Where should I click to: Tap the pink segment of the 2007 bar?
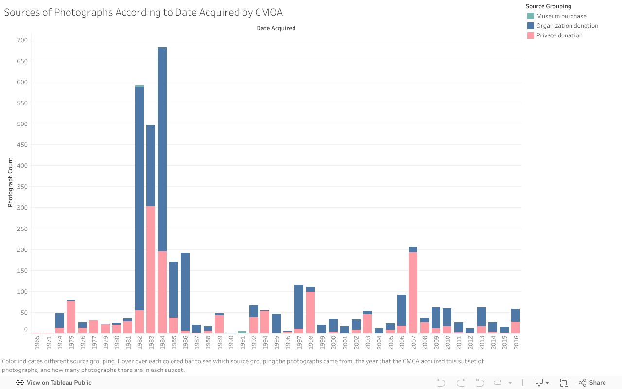[x=413, y=292]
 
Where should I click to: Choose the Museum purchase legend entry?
[x=561, y=16]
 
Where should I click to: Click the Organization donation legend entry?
[x=567, y=26]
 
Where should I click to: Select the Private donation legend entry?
[x=559, y=35]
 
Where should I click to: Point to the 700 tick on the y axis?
[x=22, y=40]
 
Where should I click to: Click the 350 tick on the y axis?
[x=22, y=187]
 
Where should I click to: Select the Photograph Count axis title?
[x=10, y=183]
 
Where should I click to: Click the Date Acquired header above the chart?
[x=276, y=28]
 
